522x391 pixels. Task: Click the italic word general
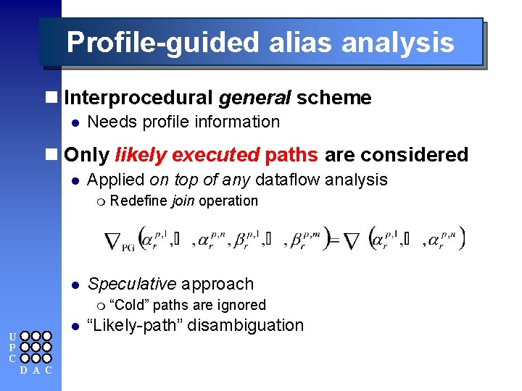pyautogui.click(x=254, y=98)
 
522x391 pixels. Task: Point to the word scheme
pyautogui.click(x=333, y=98)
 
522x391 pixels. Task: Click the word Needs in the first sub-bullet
pyautogui.click(x=107, y=122)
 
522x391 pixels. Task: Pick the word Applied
pyautogui.click(x=115, y=180)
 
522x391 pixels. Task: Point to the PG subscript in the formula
pyautogui.click(x=128, y=247)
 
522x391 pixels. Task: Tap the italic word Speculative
pyautogui.click(x=131, y=284)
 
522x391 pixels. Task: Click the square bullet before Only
pyautogui.click(x=50, y=155)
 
